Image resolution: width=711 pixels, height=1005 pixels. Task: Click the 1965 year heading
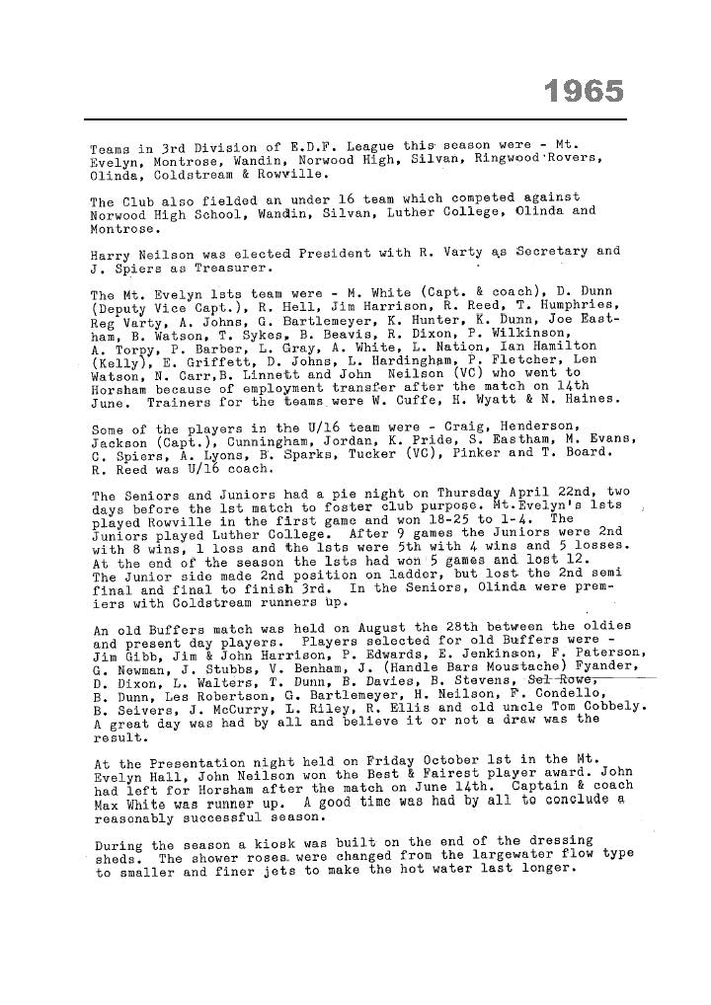tap(585, 92)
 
